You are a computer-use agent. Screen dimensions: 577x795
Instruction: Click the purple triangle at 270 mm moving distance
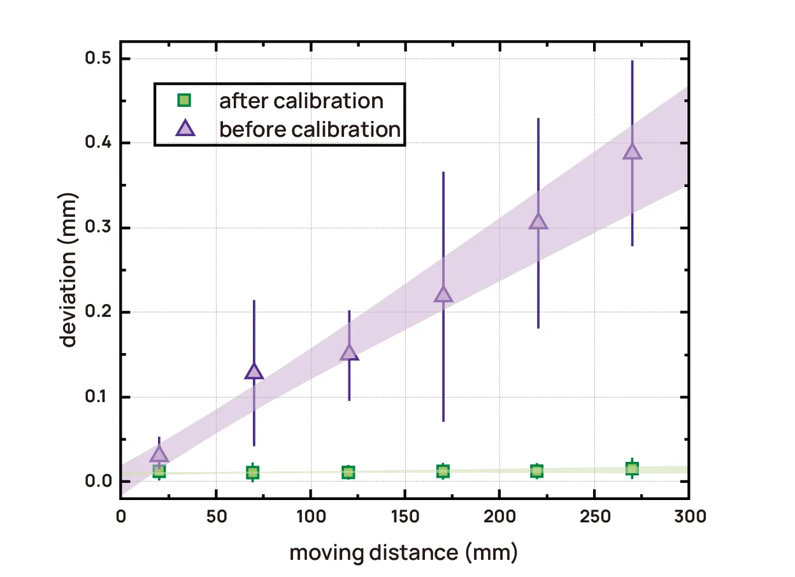632,151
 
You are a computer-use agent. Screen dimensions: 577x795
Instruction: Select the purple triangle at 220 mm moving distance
538,221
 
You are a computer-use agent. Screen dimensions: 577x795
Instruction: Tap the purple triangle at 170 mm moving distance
443,295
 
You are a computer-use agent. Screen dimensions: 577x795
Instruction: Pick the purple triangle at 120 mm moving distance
349,353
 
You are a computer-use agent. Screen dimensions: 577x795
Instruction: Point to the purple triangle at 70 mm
254,372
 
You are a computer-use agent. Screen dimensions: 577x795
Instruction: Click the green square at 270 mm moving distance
632,469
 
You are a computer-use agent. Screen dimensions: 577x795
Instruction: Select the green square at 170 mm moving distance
443,471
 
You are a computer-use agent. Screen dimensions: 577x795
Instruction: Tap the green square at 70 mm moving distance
253,472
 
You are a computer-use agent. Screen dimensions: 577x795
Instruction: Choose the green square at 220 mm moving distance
537,471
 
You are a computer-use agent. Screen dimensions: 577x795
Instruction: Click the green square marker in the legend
183,100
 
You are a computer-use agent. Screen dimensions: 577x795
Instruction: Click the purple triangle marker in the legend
183,129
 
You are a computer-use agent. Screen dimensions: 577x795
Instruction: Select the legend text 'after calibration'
301,101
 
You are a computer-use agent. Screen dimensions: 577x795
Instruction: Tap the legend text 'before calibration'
310,129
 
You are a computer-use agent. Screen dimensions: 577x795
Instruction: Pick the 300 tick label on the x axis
689,516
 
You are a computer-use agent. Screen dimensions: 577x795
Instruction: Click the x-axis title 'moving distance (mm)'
404,552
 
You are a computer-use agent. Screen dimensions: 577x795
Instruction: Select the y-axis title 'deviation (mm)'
69,270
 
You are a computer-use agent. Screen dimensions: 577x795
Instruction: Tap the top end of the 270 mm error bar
632,61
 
